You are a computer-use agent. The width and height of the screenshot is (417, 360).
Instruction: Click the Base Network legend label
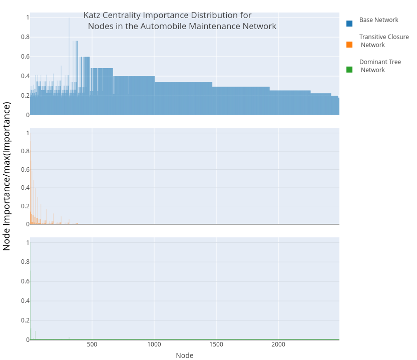click(x=378, y=20)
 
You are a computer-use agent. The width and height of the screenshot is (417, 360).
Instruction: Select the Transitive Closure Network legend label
click(x=383, y=41)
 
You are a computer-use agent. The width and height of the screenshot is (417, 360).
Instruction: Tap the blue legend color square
click(x=349, y=23)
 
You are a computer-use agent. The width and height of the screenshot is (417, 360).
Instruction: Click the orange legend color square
click(x=349, y=45)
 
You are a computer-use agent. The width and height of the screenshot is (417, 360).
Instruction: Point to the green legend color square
click(x=349, y=70)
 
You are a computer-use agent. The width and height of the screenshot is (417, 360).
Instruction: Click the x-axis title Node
click(x=184, y=355)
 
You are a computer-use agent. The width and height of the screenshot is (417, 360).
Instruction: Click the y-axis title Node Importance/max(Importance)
click(x=7, y=176)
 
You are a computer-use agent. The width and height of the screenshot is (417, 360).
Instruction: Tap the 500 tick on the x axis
click(x=92, y=345)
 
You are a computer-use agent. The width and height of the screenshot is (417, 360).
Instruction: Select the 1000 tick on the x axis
click(x=154, y=345)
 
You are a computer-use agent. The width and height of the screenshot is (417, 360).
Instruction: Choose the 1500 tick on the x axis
click(x=216, y=345)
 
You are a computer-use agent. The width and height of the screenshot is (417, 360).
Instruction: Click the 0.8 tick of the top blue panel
click(x=25, y=37)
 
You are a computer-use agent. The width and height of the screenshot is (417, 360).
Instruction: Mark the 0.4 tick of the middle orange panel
click(x=25, y=188)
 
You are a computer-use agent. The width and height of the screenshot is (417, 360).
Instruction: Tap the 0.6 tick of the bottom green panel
click(x=25, y=281)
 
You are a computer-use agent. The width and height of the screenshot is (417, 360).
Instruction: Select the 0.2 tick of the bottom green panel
click(x=25, y=320)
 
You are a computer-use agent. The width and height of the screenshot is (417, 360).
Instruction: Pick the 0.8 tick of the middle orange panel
click(x=25, y=151)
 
